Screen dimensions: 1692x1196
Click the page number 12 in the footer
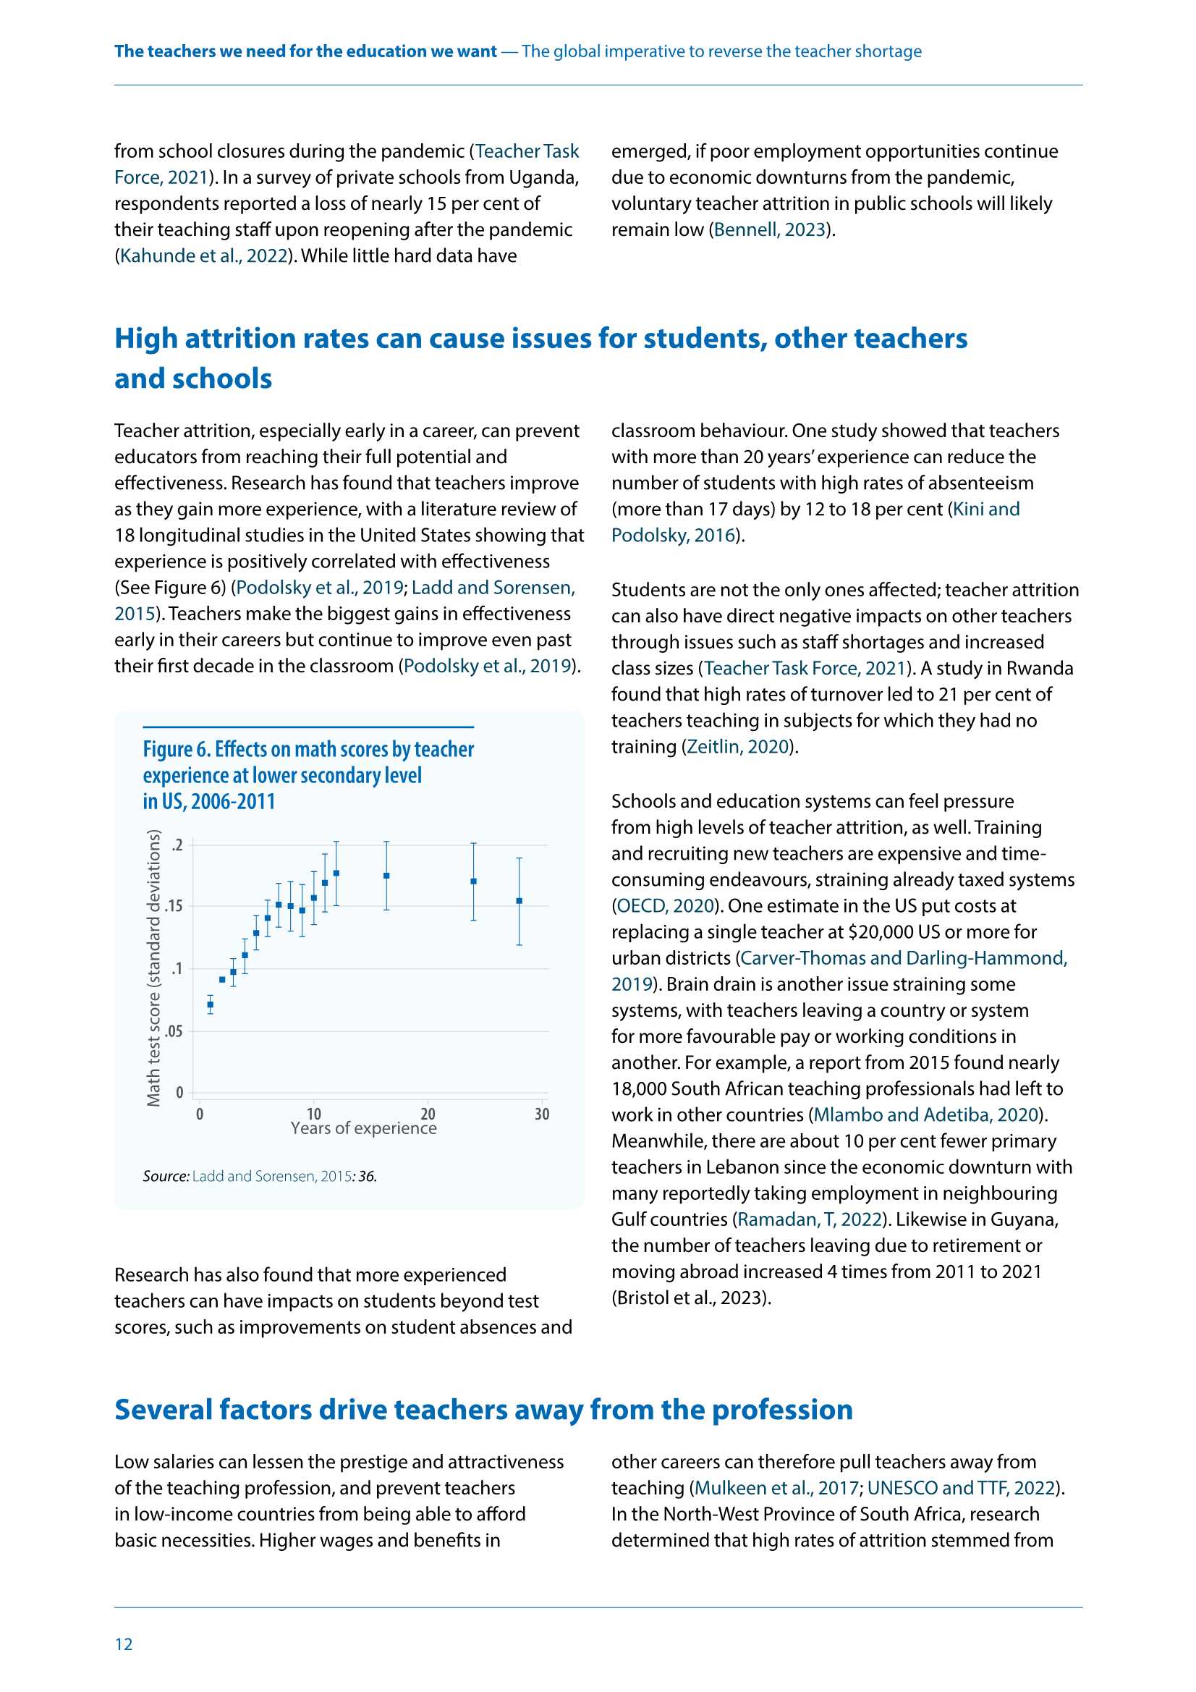[124, 1644]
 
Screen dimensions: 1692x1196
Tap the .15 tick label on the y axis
[174, 906]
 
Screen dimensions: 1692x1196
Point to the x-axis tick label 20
[428, 1114]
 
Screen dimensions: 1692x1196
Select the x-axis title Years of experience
[363, 1128]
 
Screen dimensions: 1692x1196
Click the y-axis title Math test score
[153, 968]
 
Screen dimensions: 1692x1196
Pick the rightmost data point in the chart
[519, 900]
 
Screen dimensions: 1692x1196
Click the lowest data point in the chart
[210, 1004]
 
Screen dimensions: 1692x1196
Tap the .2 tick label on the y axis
[177, 845]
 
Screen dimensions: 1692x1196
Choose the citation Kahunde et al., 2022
[203, 255]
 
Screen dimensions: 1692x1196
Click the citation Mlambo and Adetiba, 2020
[925, 1114]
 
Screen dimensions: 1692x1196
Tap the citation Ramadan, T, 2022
[809, 1219]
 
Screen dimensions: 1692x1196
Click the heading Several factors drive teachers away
[483, 1410]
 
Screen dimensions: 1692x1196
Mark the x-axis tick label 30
[542, 1114]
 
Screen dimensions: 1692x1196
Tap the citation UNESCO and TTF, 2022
[961, 1488]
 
